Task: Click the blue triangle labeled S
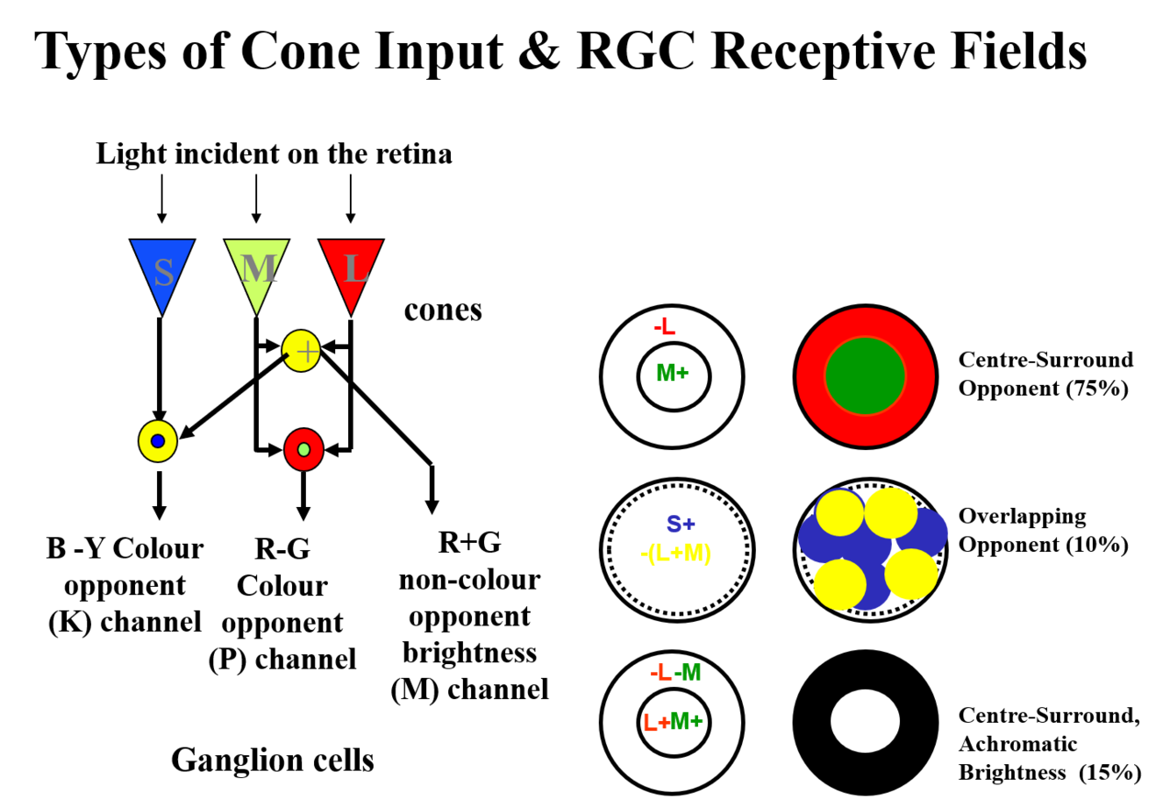[162, 263]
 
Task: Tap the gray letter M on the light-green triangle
[258, 268]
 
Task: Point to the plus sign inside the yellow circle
[307, 352]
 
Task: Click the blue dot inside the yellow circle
[158, 441]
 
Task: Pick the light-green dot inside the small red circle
[303, 450]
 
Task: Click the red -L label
[665, 327]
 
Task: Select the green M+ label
[672, 373]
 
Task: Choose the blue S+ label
[680, 525]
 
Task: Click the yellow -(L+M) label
[675, 554]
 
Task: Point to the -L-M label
[675, 673]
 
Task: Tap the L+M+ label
[673, 722]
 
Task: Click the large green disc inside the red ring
[865, 376]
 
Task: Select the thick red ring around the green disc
[811, 377]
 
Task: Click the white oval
[865, 721]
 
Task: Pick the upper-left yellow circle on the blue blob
[839, 513]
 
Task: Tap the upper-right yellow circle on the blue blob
[890, 512]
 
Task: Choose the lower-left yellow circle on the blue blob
[839, 584]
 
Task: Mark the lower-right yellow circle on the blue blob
[911, 574]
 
